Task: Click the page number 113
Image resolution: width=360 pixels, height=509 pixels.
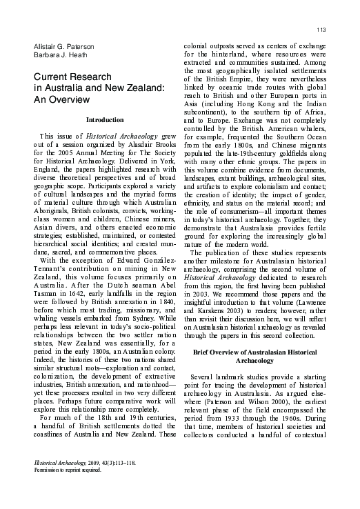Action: click(x=321, y=28)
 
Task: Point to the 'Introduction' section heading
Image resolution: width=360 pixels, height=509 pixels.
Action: click(x=105, y=120)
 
